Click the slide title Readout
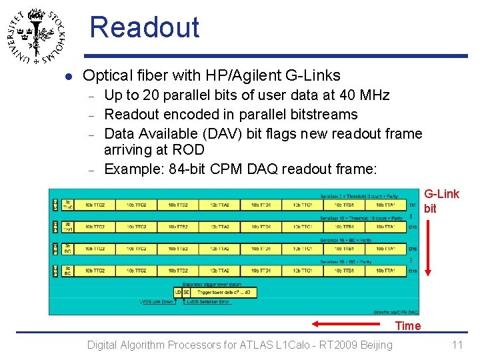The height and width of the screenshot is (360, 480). coord(144,27)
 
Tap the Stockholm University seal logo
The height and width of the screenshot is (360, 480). coord(37,36)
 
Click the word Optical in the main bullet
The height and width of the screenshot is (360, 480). coord(108,76)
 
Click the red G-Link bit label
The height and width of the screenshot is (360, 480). coord(441,201)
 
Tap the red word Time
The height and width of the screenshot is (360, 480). coord(407,325)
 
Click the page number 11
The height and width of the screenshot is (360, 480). coord(457,345)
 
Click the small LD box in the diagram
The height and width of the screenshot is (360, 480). coord(177,292)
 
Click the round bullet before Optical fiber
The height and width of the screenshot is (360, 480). coord(67,77)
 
